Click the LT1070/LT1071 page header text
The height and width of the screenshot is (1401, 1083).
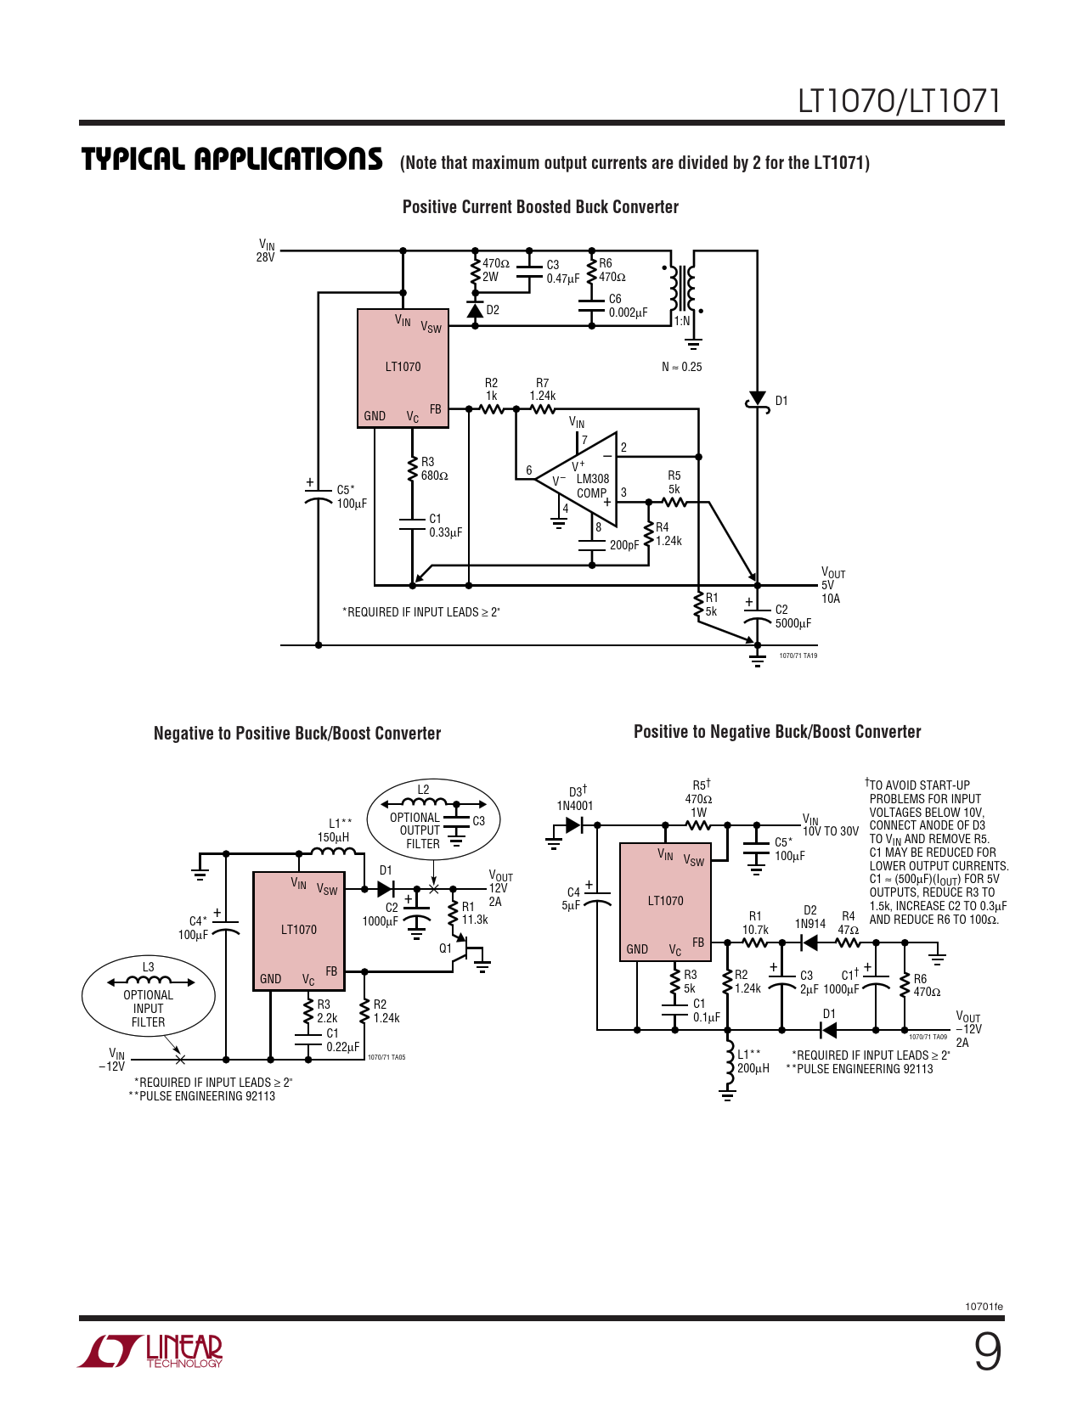click(899, 101)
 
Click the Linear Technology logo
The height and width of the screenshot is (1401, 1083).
click(150, 1351)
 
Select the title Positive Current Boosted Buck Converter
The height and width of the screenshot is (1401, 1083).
click(540, 207)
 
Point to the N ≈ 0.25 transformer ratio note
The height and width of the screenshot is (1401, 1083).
click(681, 367)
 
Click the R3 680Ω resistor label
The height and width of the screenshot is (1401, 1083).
click(434, 469)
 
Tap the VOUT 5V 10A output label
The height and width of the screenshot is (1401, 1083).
click(832, 586)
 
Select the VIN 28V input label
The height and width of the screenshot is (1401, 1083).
click(266, 250)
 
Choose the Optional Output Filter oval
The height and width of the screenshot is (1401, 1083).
click(432, 819)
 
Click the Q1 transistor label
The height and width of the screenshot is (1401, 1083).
click(445, 948)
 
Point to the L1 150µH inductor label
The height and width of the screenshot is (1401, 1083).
click(336, 830)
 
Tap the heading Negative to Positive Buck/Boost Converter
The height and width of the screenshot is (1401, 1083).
click(297, 734)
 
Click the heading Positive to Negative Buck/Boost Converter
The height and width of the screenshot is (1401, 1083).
click(777, 732)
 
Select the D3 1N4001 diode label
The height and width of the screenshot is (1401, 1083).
click(575, 798)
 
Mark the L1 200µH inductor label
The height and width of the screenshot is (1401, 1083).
click(753, 1061)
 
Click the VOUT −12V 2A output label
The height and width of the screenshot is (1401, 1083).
click(967, 1029)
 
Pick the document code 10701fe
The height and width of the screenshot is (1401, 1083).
click(984, 1307)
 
